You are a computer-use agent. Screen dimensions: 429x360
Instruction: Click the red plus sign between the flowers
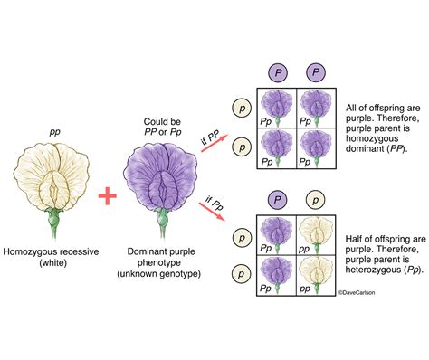pos(108,195)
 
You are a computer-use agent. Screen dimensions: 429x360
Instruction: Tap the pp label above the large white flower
pos(54,133)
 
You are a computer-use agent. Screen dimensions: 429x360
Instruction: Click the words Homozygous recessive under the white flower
pos(51,251)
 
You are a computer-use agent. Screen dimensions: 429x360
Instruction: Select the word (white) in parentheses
pos(52,262)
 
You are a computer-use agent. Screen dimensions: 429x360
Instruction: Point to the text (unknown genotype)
pos(159,274)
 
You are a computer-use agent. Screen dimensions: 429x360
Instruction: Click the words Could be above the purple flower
pos(162,122)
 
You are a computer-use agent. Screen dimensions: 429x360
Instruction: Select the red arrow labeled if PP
pos(214,144)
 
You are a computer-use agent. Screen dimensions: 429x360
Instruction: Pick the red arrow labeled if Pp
pos(212,212)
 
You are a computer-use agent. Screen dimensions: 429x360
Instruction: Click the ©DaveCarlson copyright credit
pos(357,292)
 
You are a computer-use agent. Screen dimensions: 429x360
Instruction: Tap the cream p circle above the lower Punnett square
pos(316,200)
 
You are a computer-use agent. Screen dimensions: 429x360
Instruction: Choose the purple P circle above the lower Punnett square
pos(278,200)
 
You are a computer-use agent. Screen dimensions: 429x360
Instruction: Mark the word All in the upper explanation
pos(351,108)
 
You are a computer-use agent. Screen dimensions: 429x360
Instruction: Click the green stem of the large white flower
pos(54,223)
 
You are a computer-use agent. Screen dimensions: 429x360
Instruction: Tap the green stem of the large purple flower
pos(163,223)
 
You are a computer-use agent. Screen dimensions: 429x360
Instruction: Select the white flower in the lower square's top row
pos(316,232)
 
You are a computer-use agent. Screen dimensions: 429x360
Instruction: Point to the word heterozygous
pos(373,270)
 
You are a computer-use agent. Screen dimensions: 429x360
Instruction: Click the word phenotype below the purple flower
pos(159,262)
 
